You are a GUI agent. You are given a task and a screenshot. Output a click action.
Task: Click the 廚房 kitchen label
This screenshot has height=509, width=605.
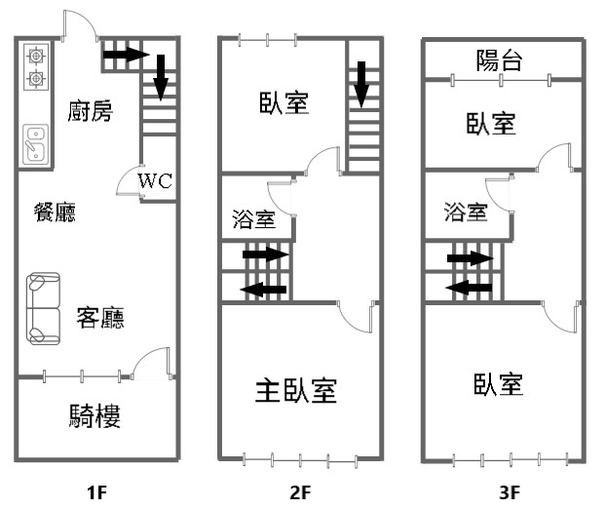pos(90,111)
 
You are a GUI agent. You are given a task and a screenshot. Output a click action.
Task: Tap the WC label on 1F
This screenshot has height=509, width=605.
pos(155,180)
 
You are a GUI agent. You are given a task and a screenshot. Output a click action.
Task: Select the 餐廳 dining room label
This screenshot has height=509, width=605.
pos(55,213)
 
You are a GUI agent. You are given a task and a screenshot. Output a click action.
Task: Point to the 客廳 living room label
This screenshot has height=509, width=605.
pos(100,318)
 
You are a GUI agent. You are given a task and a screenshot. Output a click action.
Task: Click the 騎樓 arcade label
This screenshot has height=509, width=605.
pos(95,415)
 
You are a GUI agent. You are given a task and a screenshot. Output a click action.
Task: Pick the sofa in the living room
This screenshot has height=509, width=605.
pos(43,308)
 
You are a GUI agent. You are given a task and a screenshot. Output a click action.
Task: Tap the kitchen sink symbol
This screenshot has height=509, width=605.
pos(36,144)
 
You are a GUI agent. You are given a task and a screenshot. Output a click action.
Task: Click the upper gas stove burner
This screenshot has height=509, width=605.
pos(36,57)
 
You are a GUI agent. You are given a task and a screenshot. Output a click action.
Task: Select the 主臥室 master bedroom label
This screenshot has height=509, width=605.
pos(296,390)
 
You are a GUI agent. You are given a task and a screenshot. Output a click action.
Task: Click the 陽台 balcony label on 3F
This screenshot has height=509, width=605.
pos(499,60)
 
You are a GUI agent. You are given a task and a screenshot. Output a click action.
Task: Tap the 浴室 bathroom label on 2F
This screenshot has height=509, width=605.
pos(254,219)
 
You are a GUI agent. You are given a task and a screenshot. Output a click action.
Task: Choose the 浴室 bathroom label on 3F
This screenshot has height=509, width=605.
pos(466,212)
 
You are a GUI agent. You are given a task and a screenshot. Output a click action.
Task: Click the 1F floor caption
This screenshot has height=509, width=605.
pos(96,492)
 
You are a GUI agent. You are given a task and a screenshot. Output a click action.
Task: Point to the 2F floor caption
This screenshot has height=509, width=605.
pos(300,492)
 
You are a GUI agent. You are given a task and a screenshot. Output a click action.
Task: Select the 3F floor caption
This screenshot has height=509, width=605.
pos(510,492)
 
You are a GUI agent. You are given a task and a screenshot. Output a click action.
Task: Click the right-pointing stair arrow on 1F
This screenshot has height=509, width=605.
pos(127,54)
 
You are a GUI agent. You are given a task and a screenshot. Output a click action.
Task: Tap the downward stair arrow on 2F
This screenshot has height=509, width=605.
pos(361,85)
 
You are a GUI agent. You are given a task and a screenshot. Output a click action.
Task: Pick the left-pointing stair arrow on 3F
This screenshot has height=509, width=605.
pos(469,288)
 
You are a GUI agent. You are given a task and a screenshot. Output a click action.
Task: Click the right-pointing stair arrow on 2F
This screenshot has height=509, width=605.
pos(265,254)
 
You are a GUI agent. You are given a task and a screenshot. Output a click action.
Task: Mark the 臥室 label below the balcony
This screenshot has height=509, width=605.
pos(491,124)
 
